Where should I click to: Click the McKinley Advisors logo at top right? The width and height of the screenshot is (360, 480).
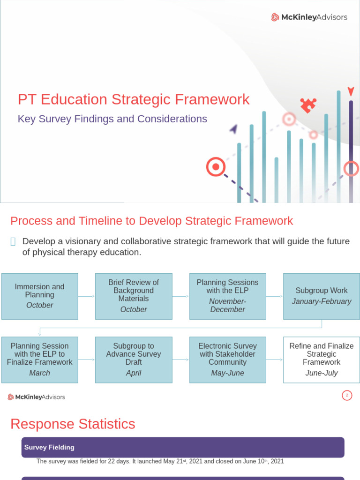[309, 17]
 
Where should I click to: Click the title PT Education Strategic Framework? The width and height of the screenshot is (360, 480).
[134, 99]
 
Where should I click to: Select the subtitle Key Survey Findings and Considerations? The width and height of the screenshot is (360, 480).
[112, 119]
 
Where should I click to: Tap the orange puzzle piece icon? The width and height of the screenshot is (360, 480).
[308, 105]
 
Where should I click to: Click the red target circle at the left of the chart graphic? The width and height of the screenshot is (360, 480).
[216, 166]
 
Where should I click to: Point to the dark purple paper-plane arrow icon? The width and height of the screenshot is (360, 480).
[233, 128]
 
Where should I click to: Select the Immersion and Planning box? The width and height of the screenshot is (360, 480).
[40, 296]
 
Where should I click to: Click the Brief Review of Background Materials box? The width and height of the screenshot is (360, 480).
[134, 296]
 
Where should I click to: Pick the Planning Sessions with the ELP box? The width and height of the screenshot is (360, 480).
[227, 296]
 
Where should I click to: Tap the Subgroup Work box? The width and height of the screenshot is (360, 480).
[322, 296]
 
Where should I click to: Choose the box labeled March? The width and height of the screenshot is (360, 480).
[40, 360]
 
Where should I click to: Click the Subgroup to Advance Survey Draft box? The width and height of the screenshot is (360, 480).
[134, 360]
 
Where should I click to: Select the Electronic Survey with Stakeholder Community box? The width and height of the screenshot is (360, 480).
[227, 360]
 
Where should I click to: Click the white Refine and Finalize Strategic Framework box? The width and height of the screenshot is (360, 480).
[322, 360]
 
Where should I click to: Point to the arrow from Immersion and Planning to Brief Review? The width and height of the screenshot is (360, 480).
[87, 296]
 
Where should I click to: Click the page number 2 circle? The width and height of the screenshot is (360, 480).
[346, 396]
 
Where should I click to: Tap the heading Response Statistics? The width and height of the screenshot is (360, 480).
[73, 424]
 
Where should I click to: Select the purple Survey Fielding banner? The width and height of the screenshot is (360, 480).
[183, 448]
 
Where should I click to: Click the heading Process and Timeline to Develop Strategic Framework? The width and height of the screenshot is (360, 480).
[152, 221]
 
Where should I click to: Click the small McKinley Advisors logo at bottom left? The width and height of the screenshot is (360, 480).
[36, 397]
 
